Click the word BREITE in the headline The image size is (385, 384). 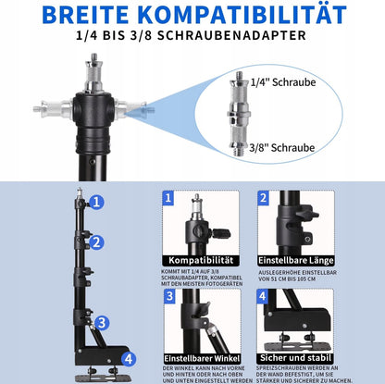pos(85,15)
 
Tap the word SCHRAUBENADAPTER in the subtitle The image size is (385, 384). pos(231,35)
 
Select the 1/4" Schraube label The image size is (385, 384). pos(283,82)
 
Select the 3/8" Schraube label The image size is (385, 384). pos(282,148)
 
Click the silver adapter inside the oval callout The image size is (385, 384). pos(239,114)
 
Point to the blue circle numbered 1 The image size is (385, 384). pos(96,203)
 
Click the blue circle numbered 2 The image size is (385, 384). pos(96,242)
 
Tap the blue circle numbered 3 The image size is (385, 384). pos(102,323)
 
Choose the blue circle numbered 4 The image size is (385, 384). pos(129,359)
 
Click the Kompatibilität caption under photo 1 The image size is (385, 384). pos(201,261)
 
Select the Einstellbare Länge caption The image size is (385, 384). pos(296,261)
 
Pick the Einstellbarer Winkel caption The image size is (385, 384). pos(202,359)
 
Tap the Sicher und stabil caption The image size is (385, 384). pos(295,358)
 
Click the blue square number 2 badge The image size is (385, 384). pos(263,198)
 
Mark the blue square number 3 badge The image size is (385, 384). pos(169,296)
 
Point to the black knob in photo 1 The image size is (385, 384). pos(221,233)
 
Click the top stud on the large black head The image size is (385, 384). pos(94,72)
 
